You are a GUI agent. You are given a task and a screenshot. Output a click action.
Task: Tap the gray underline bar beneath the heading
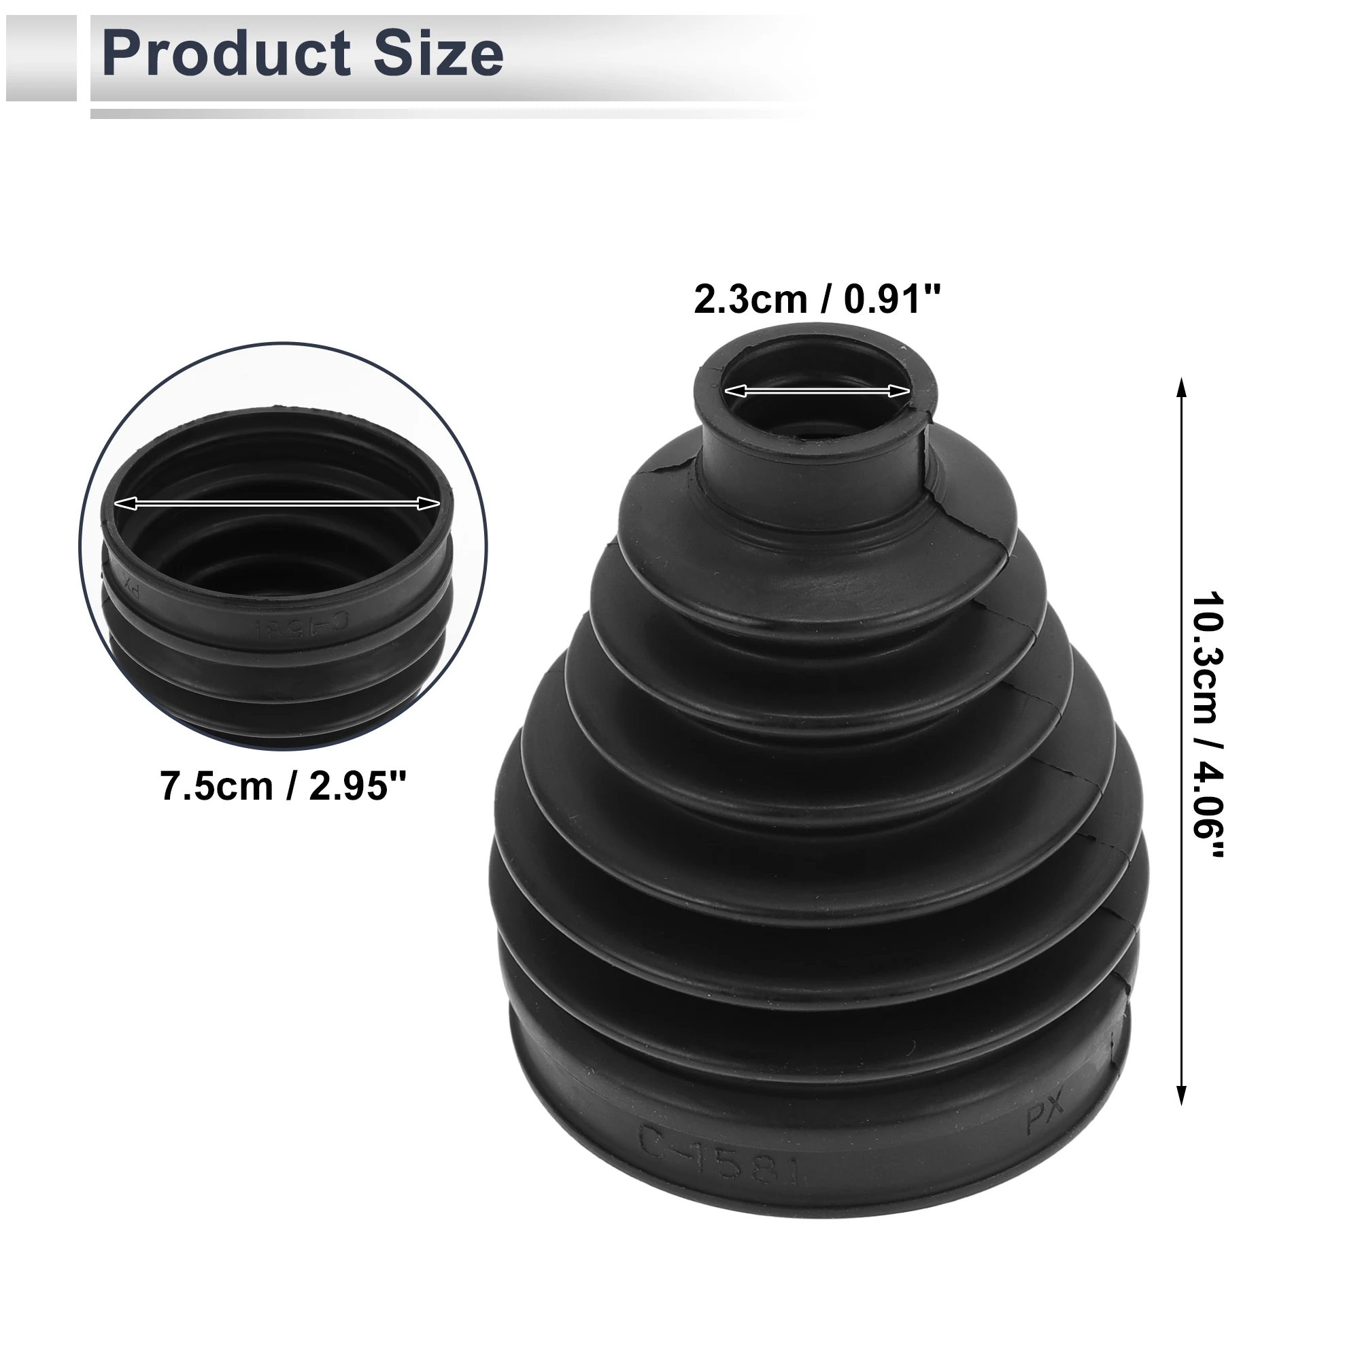[451, 114]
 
